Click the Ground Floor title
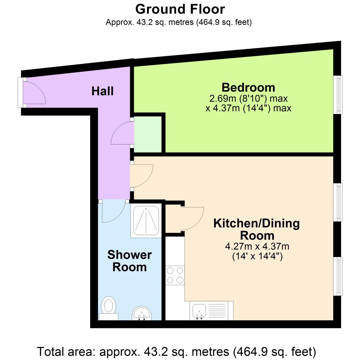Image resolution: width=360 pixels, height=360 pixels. point(180,9)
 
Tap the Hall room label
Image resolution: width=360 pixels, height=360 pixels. point(102,91)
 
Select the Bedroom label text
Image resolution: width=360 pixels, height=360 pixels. point(248,87)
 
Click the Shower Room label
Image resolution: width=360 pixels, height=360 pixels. point(129,261)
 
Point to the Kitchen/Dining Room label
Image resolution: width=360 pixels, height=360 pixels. point(257,229)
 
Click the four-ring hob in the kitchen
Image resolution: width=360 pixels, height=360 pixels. point(175,275)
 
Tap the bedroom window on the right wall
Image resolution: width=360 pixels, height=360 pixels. point(338,95)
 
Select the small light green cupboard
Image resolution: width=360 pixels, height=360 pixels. point(148,135)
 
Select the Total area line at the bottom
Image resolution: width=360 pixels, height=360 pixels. point(177,351)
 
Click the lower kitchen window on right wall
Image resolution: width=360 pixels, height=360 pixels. point(338,276)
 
